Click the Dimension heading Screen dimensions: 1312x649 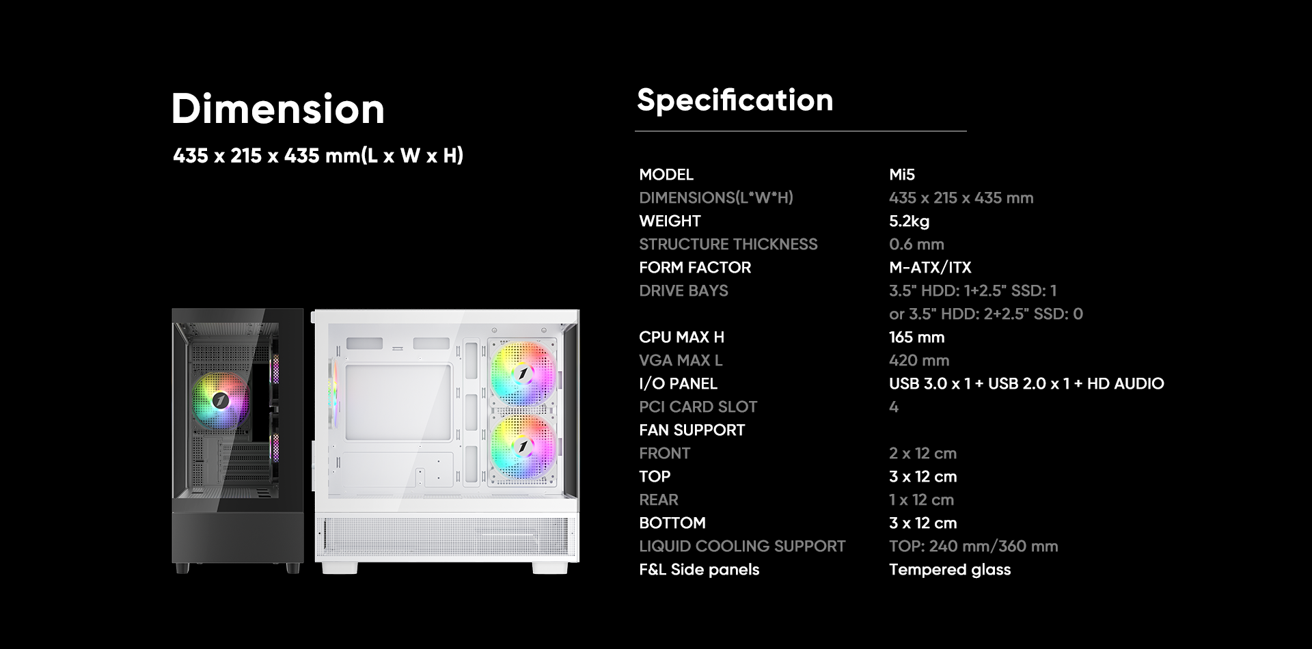pos(278,109)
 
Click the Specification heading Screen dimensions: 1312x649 pos(735,100)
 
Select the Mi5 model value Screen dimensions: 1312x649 pos(901,174)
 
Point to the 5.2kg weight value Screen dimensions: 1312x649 pos(909,221)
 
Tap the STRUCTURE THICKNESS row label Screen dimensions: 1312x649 pos(728,244)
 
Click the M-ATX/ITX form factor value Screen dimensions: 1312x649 pos(930,267)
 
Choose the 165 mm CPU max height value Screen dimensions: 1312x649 pos(916,337)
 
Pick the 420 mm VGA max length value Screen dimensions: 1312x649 pos(918,360)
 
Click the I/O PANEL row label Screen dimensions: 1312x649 pos(678,383)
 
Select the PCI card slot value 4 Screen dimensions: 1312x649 pos(894,406)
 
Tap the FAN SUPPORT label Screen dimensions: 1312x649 pos(692,430)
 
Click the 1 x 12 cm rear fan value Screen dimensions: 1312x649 pos(921,499)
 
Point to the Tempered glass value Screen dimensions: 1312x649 pos(950,569)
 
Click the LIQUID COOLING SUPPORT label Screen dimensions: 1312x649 pos(742,546)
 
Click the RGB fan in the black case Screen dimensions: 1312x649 pos(220,401)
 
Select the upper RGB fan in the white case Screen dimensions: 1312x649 pos(523,374)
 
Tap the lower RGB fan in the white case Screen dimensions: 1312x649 pos(523,447)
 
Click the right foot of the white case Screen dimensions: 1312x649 pos(550,568)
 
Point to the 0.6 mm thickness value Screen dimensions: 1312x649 pos(916,244)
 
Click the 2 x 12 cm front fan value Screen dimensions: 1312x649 pos(922,453)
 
